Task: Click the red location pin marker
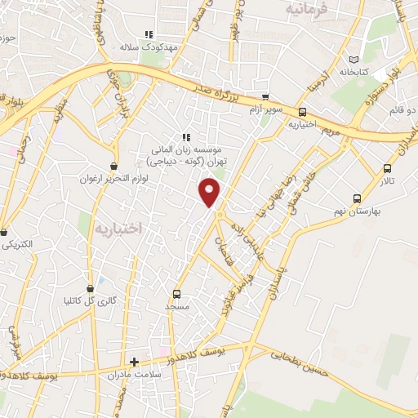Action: click(x=211, y=193)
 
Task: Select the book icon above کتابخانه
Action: click(x=353, y=59)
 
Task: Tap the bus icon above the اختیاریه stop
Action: click(x=302, y=112)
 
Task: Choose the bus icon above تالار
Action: click(x=387, y=169)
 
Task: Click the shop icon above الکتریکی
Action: click(x=6, y=232)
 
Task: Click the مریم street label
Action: click(x=329, y=131)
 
